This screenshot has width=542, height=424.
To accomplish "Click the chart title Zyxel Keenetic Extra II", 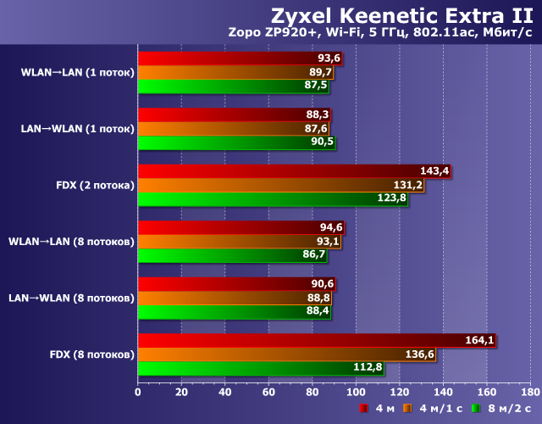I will coord(401,14).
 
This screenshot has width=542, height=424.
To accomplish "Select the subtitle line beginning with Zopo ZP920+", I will coord(379,33).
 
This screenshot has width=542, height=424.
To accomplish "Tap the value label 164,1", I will coord(479,341).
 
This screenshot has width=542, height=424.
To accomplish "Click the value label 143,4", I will coord(434,171).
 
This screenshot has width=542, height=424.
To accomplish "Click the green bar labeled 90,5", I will coord(236,142).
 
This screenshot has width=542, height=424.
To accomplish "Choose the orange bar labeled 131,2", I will coord(280,185).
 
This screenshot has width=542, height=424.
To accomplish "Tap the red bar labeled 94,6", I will coord(241,227).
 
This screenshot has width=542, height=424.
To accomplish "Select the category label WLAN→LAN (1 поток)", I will coord(77,73).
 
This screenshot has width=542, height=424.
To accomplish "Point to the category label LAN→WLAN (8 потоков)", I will coord(71,298).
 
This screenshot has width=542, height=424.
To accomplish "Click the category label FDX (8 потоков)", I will coord(91,354).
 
